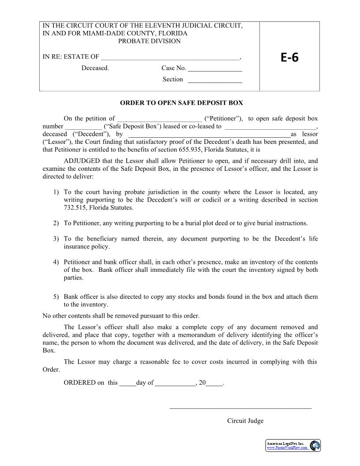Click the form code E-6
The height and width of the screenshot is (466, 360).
click(x=289, y=57)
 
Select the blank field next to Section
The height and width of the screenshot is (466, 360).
click(x=215, y=80)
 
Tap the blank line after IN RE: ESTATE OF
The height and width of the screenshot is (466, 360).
click(x=170, y=57)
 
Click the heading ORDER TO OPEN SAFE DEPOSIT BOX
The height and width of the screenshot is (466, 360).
click(x=181, y=103)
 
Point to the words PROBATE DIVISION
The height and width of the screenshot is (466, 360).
click(x=150, y=41)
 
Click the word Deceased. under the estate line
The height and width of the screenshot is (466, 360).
click(x=95, y=68)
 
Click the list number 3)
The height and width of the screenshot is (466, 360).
click(x=56, y=239)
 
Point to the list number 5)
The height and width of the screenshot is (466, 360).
click(x=56, y=297)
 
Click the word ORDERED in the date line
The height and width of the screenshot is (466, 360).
click(x=79, y=383)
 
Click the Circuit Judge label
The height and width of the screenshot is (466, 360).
click(x=245, y=421)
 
